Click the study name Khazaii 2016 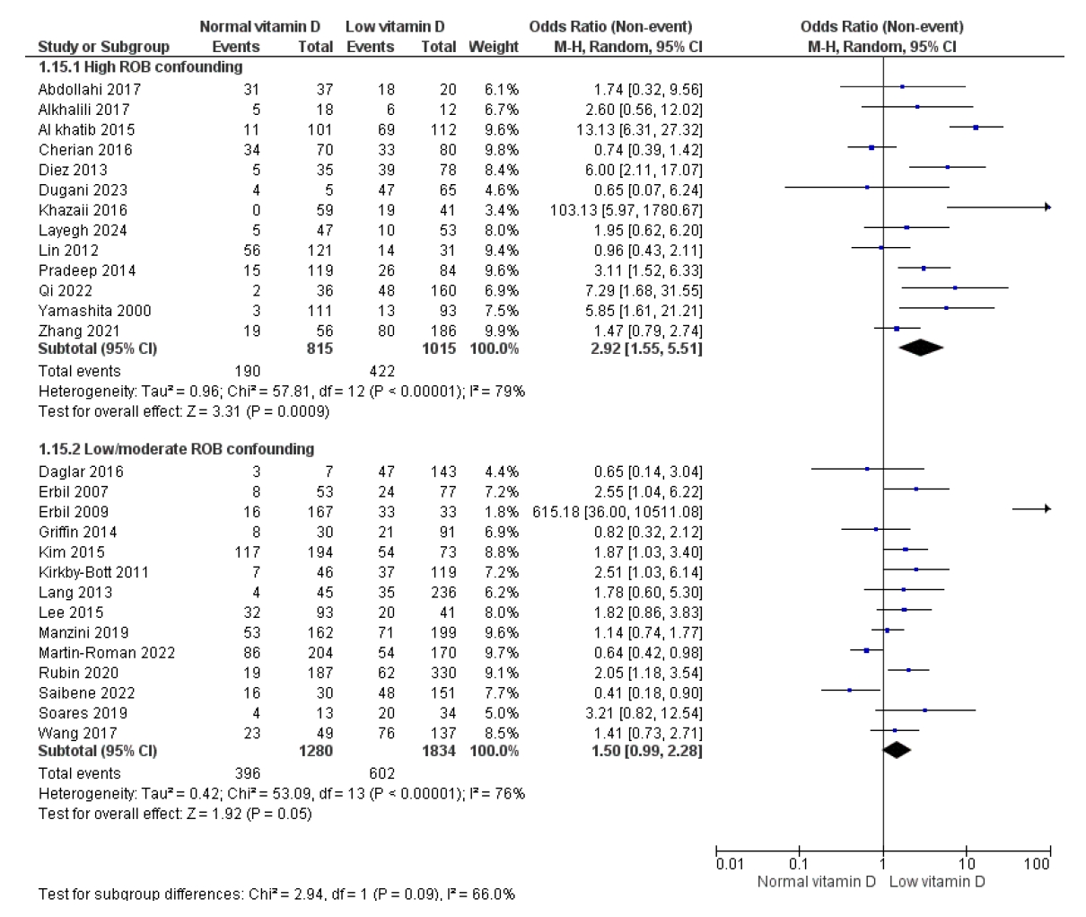click(x=83, y=210)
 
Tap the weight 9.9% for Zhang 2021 click(x=502, y=331)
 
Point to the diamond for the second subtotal click(x=897, y=751)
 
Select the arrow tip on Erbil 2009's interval click(x=1047, y=509)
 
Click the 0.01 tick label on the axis click(x=729, y=864)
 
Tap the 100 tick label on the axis click(x=1036, y=864)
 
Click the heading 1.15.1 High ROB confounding click(x=140, y=67)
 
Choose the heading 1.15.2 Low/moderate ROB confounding click(x=176, y=448)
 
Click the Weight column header click(x=493, y=47)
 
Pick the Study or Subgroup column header click(x=102, y=47)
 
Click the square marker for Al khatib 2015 click(x=976, y=128)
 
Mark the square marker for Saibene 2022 click(x=849, y=691)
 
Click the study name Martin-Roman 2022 click(x=107, y=653)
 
